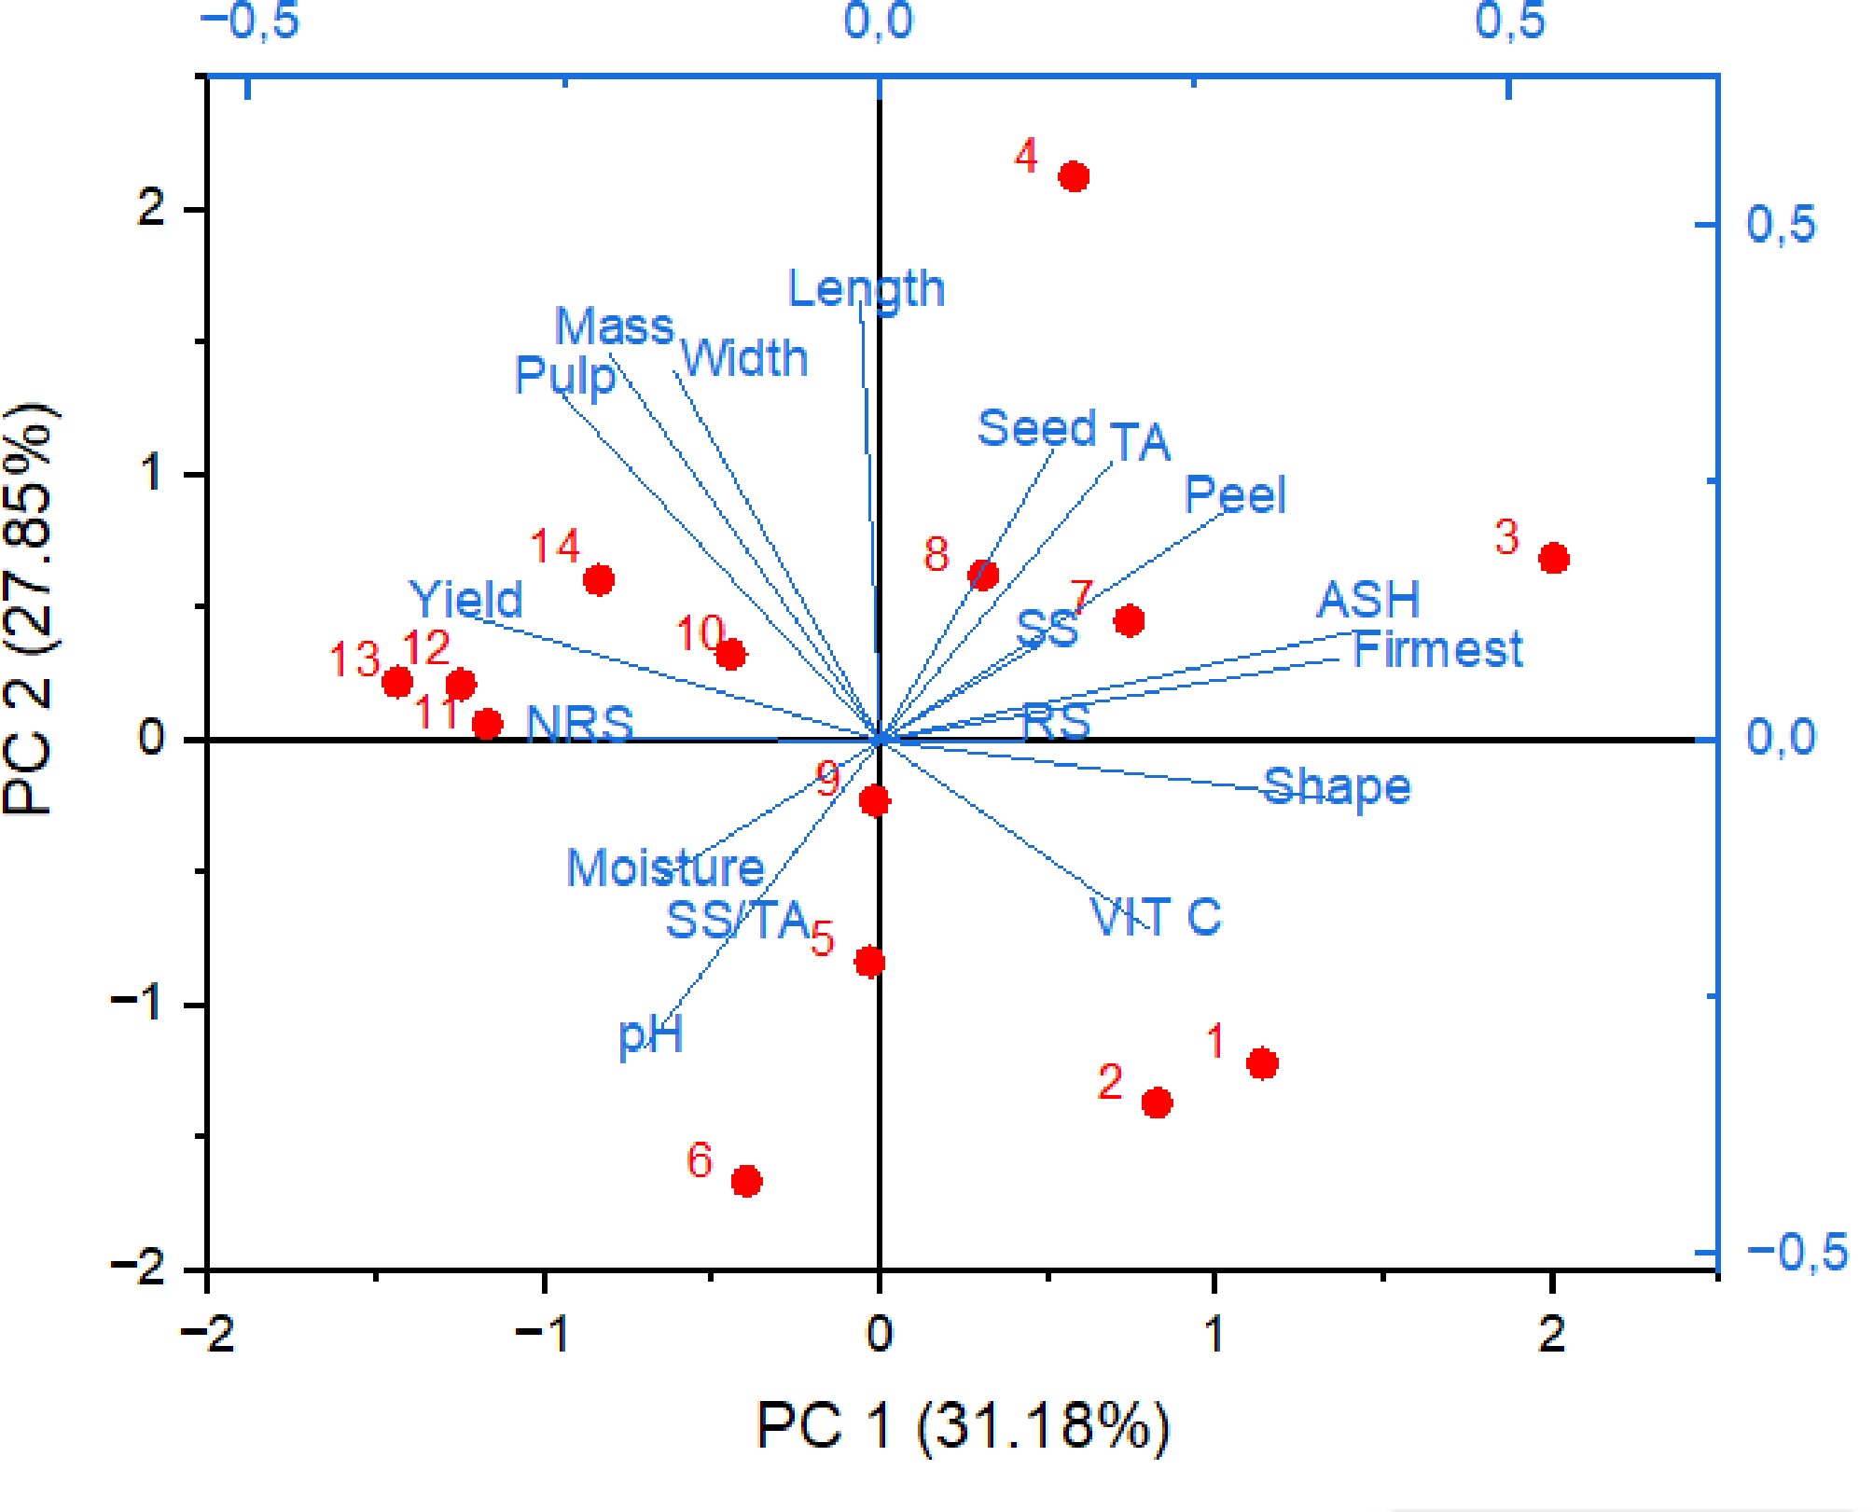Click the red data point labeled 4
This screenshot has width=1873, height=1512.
pos(1075,176)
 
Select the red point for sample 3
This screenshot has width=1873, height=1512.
pos(1554,559)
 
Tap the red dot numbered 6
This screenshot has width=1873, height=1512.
pos(746,1181)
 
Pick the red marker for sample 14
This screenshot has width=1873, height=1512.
pos(599,580)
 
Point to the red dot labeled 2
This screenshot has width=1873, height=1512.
pos(1158,1103)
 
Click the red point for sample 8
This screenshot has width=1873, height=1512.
pos(984,575)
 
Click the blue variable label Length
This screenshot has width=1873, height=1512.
pos(867,289)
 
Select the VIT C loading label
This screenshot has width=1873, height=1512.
pos(1156,916)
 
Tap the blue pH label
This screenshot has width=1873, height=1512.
pos(651,1034)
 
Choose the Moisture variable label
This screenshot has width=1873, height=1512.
pos(666,868)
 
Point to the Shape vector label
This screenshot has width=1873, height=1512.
pos(1337,787)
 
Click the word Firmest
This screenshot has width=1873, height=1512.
pos(1437,649)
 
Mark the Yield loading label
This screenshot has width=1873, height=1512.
pos(466,599)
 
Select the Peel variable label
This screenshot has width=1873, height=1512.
pos(1235,494)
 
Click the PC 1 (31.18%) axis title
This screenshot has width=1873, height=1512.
pos(962,1425)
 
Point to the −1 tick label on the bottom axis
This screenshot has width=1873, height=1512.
pos(542,1334)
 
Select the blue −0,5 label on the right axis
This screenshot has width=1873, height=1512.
pos(1797,1251)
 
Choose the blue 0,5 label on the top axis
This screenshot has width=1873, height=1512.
pos(1509,21)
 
